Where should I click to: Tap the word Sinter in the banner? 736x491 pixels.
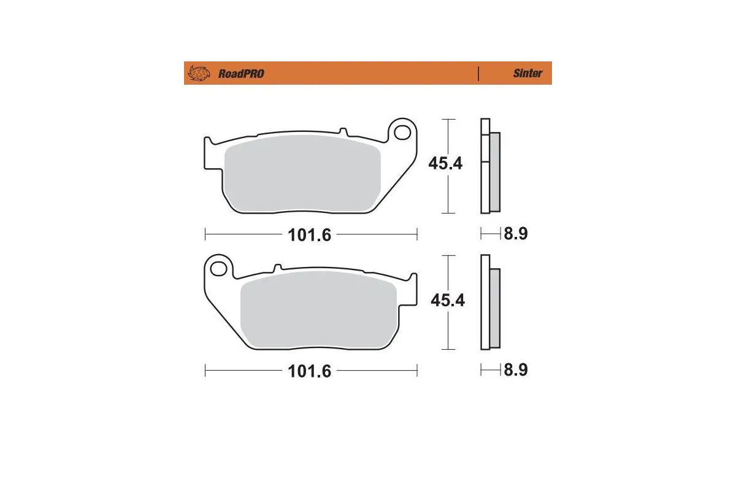[x=527, y=73]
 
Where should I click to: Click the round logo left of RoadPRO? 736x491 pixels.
[x=198, y=73]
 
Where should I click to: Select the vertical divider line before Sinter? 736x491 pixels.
[x=478, y=73]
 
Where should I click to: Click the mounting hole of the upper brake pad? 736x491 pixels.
[x=402, y=132]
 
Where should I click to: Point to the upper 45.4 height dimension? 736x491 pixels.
[x=445, y=164]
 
